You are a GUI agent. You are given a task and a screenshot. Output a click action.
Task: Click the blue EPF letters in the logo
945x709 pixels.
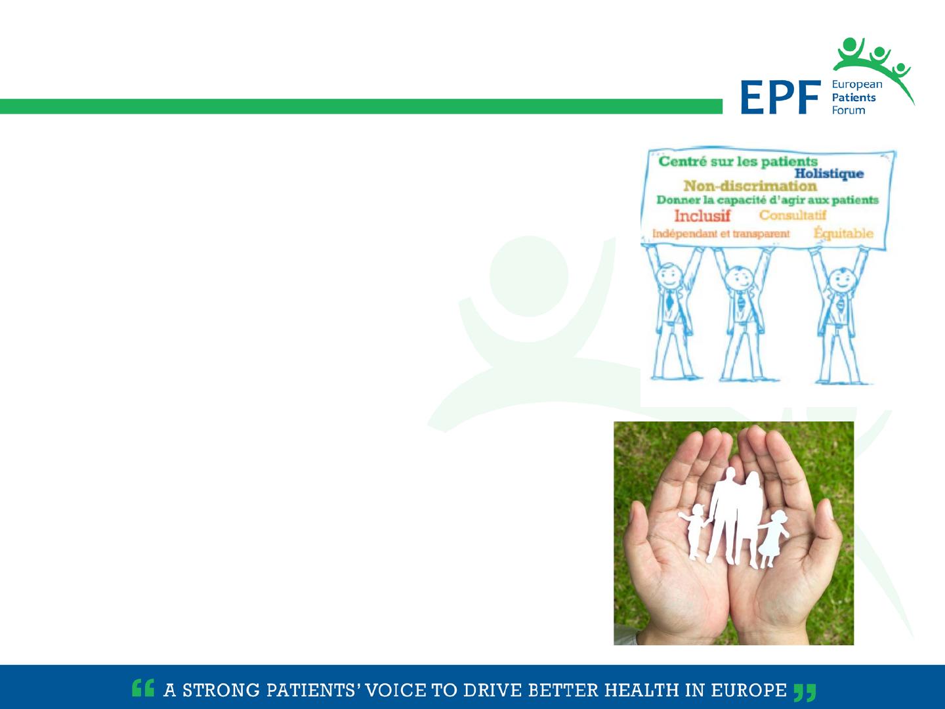(x=780, y=97)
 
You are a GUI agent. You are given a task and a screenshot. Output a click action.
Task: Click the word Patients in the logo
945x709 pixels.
(x=854, y=98)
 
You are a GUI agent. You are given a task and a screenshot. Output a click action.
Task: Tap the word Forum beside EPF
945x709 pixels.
(x=848, y=110)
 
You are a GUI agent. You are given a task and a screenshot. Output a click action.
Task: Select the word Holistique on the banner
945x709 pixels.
(x=829, y=174)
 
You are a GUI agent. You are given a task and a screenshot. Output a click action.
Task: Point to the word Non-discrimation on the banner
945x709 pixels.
(x=750, y=186)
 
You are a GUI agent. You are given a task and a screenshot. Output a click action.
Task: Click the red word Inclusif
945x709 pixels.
(x=702, y=216)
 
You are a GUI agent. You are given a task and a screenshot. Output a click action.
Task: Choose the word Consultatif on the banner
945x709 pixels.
(x=793, y=215)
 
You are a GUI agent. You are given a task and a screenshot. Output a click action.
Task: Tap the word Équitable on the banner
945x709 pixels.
(x=843, y=233)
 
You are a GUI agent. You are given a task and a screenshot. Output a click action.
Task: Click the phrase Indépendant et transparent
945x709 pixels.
(x=721, y=234)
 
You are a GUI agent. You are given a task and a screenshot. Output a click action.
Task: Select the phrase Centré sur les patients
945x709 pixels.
(x=738, y=161)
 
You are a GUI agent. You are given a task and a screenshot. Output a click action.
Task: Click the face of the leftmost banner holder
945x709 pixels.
(x=669, y=277)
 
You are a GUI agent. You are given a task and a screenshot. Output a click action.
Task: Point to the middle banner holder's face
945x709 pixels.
(x=739, y=279)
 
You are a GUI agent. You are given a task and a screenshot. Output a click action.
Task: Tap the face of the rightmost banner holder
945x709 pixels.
(x=842, y=281)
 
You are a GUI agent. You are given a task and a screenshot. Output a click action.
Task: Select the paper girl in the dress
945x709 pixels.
(x=773, y=538)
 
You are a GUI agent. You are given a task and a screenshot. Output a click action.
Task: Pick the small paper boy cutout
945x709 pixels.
(x=694, y=532)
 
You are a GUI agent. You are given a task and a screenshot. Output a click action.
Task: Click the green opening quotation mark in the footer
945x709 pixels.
(x=143, y=687)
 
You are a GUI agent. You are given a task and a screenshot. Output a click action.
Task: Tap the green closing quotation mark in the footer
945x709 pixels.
(x=805, y=692)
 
